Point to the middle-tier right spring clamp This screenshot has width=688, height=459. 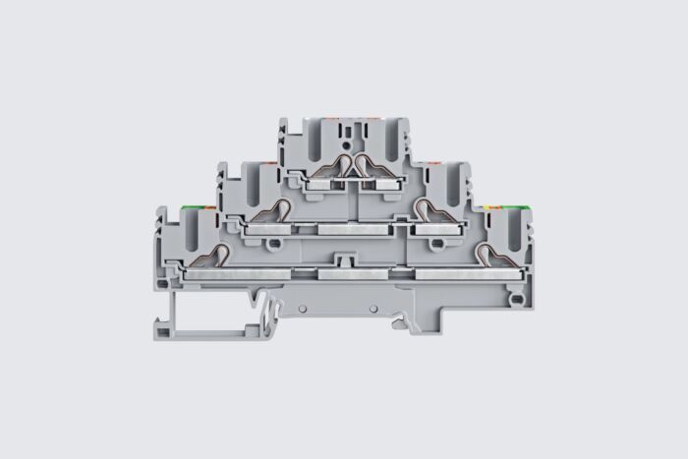(427, 209)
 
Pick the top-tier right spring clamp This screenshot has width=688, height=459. (371, 168)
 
